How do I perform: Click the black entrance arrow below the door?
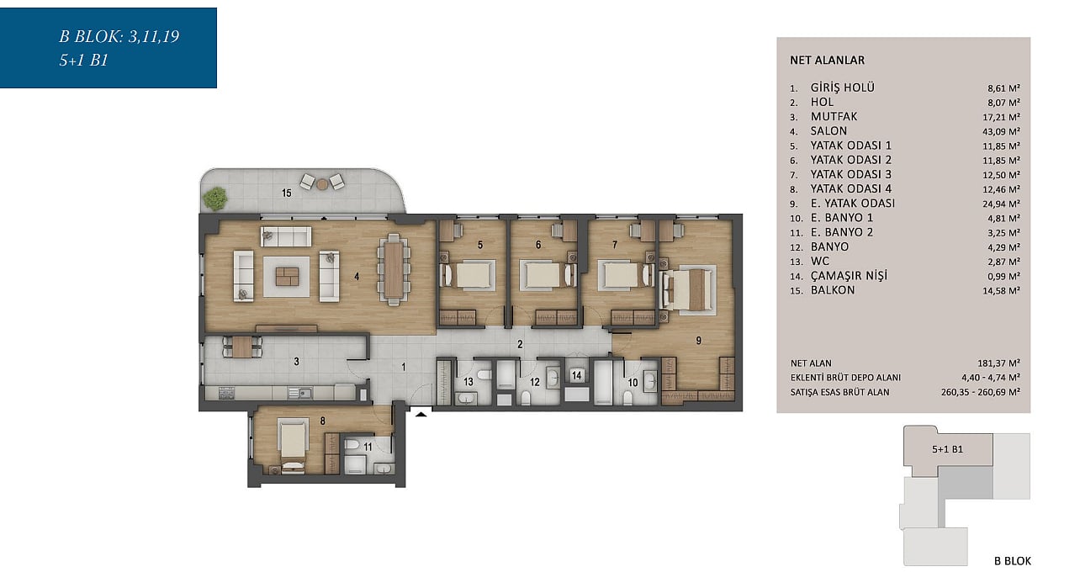421,413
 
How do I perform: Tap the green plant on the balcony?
214,199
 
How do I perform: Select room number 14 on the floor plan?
577,375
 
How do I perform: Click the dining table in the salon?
394,270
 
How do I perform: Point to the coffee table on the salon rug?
287,277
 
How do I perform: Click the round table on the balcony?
322,183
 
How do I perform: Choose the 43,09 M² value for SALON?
1001,131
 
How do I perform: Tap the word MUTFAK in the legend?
834,117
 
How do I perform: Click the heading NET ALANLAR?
827,61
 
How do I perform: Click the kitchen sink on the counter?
300,393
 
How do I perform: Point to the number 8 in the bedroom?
322,421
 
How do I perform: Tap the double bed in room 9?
688,289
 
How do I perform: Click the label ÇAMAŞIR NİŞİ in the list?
849,276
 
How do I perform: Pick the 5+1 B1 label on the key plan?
947,449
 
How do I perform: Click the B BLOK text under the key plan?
1012,561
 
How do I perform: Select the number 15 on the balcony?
286,193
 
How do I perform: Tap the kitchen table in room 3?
242,347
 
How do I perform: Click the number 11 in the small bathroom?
368,448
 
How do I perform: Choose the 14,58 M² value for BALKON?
1001,290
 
